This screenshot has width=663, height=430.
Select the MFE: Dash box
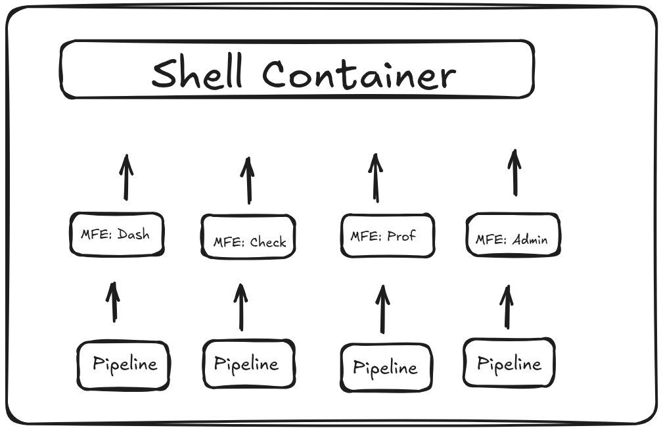coord(116,234)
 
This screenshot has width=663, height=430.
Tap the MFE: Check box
coord(248,237)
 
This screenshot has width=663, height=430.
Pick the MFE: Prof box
coord(387,235)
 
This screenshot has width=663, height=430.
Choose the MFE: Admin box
coord(513,235)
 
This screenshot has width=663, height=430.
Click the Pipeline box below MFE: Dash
coord(124,365)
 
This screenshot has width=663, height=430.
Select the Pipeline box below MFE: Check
coord(248,364)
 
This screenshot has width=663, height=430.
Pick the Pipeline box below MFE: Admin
coord(509,363)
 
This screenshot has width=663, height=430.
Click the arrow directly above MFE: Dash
coord(126,178)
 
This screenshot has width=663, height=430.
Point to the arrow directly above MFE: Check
coord(248,181)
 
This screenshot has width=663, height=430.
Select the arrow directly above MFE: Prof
coord(376,178)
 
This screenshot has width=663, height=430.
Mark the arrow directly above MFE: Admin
coord(515,173)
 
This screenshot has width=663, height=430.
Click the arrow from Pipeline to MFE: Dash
coord(114,302)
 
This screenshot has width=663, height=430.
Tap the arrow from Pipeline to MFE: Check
coord(241,307)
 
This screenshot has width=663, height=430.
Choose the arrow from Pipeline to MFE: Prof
coord(382,309)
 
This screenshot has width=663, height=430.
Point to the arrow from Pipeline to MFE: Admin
coord(507,307)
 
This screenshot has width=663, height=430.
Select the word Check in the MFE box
coord(268,242)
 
